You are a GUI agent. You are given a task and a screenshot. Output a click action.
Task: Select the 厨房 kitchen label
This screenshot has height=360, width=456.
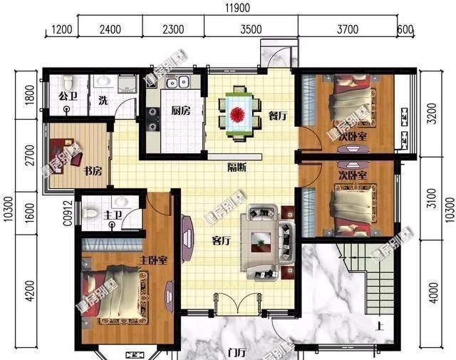180,111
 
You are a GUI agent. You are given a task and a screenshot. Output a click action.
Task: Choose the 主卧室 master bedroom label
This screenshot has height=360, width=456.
152,261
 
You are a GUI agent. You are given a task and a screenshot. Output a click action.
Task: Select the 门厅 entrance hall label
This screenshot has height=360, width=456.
235,351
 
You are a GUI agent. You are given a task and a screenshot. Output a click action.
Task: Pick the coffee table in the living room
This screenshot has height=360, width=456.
261,242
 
